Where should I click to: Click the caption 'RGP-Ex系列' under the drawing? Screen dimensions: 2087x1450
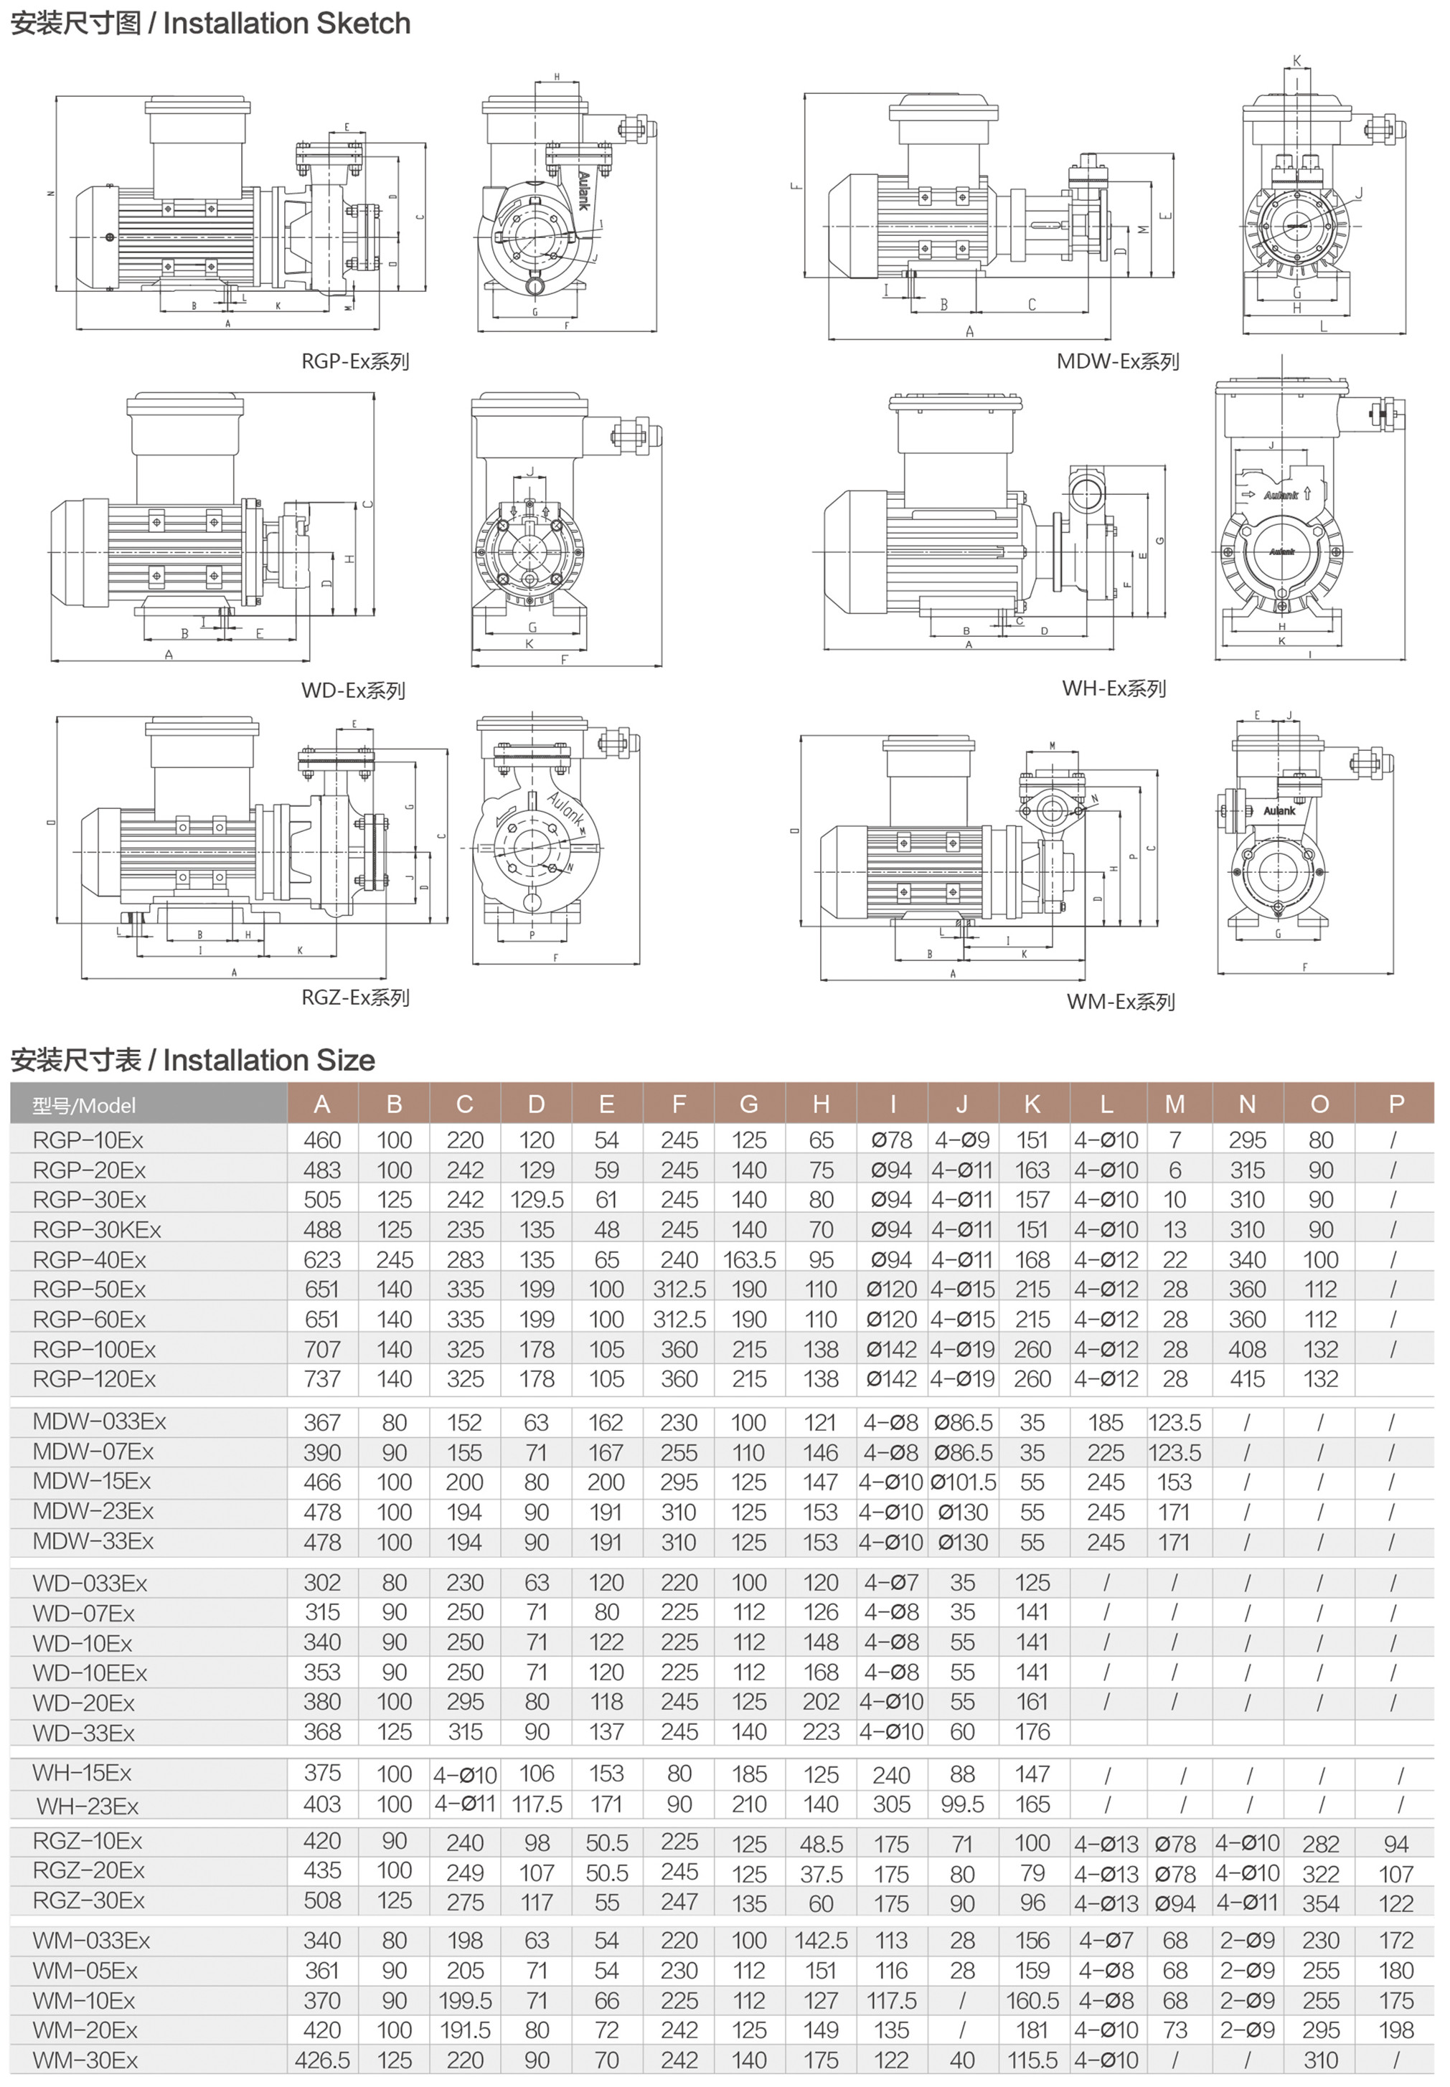tap(355, 361)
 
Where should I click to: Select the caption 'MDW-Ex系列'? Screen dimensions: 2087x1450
tap(1118, 361)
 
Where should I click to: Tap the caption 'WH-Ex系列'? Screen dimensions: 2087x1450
tap(1114, 688)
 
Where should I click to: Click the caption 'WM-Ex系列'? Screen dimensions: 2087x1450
tap(1120, 1002)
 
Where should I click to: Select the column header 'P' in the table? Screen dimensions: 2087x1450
tap(1396, 1104)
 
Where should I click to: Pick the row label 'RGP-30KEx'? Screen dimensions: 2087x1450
tap(96, 1230)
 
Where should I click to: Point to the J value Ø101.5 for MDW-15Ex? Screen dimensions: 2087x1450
tap(963, 1482)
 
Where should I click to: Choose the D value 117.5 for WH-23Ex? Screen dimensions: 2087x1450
tap(536, 1804)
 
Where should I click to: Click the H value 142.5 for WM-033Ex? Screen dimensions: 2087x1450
tap(820, 1940)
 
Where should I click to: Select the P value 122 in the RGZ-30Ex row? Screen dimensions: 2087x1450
tap(1396, 1902)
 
